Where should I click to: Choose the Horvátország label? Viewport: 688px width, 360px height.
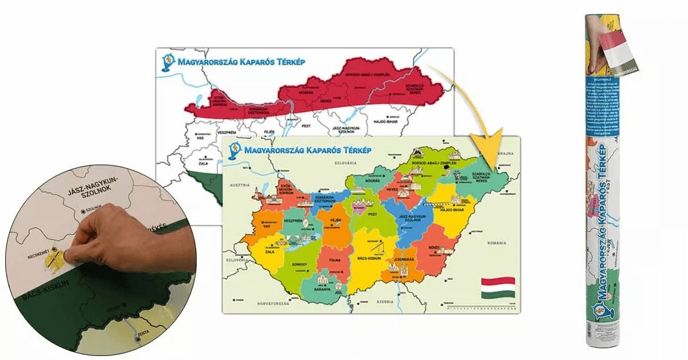point(272,301)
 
